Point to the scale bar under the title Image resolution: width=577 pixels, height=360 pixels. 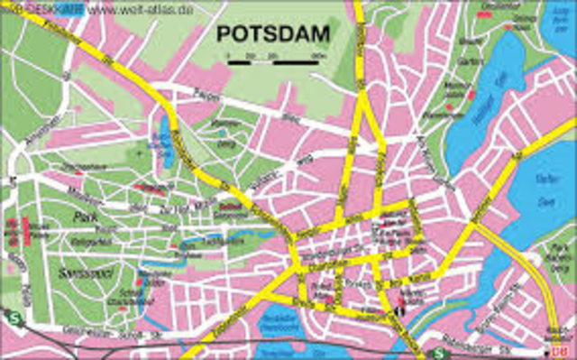point(276,60)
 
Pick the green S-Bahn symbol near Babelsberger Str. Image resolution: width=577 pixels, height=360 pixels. point(437,352)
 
